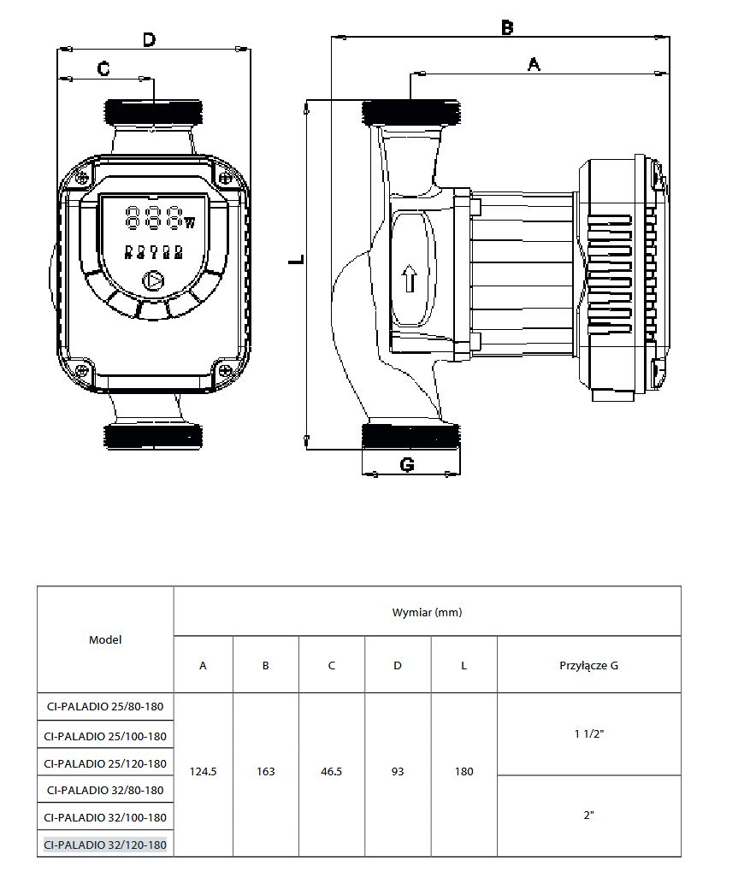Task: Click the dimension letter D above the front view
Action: click(149, 40)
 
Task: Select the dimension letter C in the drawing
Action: click(103, 68)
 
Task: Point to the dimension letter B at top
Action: click(507, 27)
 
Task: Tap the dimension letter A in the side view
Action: click(534, 63)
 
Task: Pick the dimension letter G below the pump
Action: click(407, 464)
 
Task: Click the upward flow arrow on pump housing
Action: click(409, 279)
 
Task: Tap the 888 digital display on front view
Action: click(154, 218)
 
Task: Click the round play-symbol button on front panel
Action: click(154, 280)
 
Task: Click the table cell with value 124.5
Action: click(203, 771)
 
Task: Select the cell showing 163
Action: click(266, 771)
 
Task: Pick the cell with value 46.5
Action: click(331, 771)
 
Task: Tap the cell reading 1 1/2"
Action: click(588, 733)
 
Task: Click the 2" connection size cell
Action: click(588, 816)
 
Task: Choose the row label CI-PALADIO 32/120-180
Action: click(105, 844)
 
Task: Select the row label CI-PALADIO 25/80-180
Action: click(105, 708)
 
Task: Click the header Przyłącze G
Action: click(588, 665)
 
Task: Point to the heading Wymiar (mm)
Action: click(427, 612)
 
